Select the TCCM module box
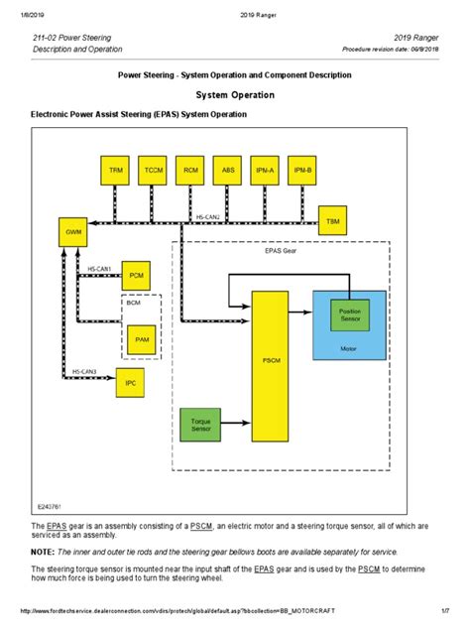point(154,170)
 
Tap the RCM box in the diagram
point(191,170)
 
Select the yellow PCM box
point(136,273)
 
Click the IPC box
point(131,382)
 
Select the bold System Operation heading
point(234,95)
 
